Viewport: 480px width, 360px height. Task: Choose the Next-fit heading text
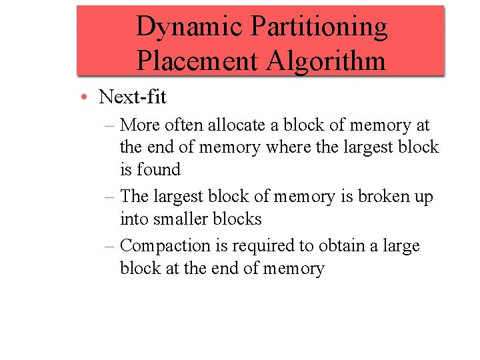point(133,97)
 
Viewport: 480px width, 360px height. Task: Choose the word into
point(135,219)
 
